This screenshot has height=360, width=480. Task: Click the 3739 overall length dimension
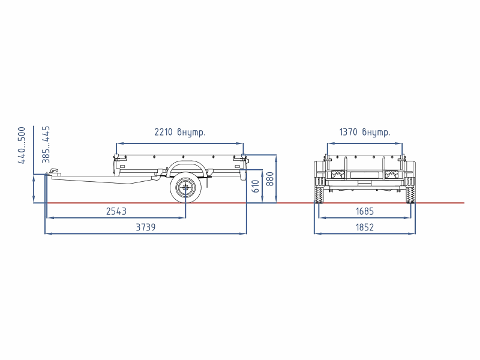coord(146,227)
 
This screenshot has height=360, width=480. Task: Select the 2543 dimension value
coord(116,212)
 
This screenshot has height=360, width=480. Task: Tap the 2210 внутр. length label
coord(180,132)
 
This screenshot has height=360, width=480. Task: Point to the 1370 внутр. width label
coord(365,132)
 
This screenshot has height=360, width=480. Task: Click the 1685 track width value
coord(365,212)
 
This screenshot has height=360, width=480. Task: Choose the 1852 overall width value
coord(365,227)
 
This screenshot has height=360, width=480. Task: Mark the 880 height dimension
coord(271,179)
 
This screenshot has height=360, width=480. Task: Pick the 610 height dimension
coord(256,186)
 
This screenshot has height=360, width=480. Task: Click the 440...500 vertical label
coord(22,145)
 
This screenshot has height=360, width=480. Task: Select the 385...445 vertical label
coord(46,145)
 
